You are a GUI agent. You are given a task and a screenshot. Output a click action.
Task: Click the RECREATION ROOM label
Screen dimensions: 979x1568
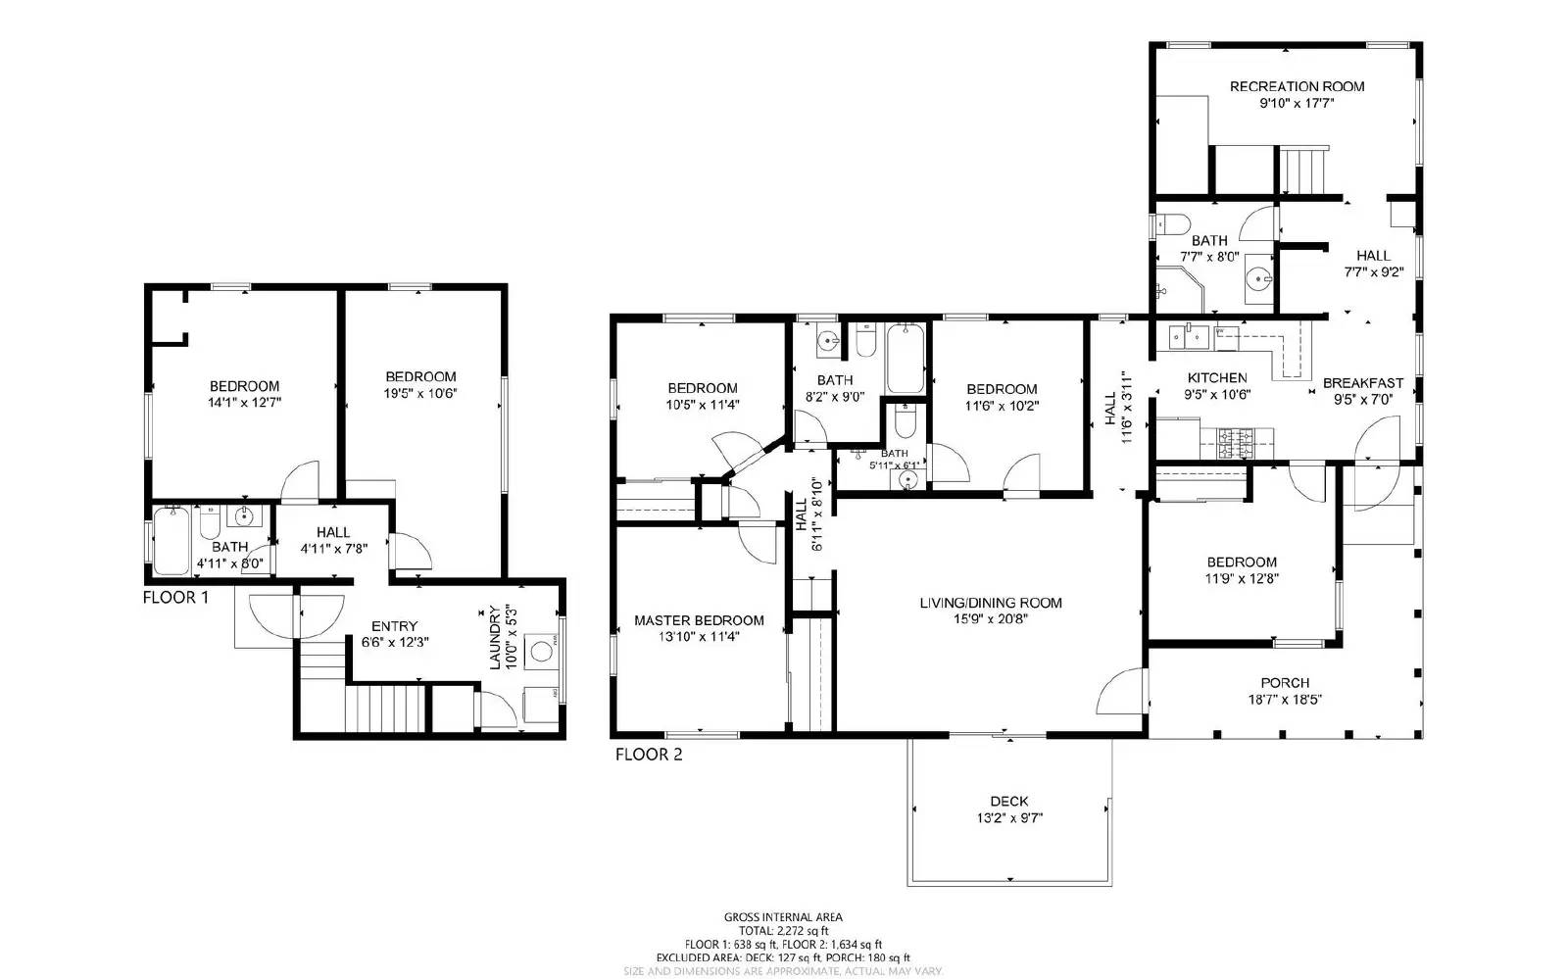(x=1283, y=86)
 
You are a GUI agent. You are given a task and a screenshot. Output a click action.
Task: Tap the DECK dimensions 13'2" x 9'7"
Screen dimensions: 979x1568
(x=1008, y=818)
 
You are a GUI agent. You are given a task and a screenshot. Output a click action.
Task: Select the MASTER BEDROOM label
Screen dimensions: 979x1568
(x=699, y=620)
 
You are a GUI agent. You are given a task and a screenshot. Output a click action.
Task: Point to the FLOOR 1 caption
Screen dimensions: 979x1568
(x=175, y=597)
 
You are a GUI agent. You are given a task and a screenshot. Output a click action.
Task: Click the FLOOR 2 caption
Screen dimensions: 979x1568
(x=649, y=755)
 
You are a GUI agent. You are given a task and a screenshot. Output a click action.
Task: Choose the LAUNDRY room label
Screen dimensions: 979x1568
(x=496, y=637)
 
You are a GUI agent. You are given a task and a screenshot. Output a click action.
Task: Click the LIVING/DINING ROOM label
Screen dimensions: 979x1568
(x=991, y=603)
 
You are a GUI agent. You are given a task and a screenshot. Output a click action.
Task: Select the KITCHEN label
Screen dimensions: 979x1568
(x=1217, y=378)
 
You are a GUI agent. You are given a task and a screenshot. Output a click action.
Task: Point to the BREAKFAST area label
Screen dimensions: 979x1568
(x=1363, y=383)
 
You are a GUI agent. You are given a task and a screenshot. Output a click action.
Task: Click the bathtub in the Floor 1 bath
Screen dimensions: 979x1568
(x=172, y=540)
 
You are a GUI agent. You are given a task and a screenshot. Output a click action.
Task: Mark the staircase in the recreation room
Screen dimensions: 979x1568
(x=1304, y=171)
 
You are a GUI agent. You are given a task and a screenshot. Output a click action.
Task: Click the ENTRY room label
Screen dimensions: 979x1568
(x=395, y=626)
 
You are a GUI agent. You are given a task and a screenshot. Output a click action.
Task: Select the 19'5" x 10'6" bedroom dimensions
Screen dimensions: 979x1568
(x=421, y=392)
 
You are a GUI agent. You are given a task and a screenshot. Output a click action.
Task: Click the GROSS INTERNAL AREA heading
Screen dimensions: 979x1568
(x=783, y=917)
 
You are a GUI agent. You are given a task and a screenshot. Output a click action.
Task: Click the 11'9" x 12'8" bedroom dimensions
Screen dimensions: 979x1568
(x=1242, y=578)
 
